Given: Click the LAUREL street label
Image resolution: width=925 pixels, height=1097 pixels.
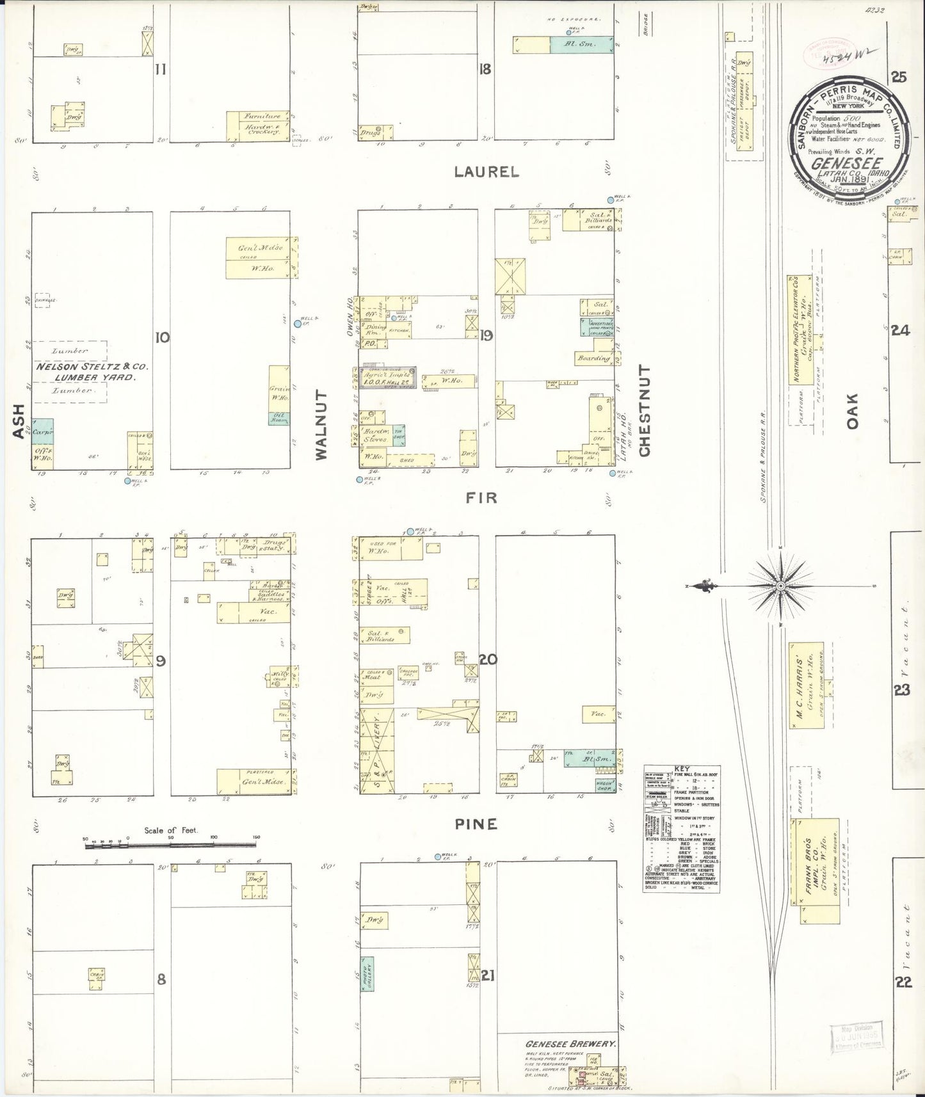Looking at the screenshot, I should pyautogui.click(x=487, y=172).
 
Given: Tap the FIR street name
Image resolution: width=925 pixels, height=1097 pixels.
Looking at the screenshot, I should pyautogui.click(x=481, y=497).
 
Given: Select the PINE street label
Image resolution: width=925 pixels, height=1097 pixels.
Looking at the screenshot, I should pyautogui.click(x=476, y=824).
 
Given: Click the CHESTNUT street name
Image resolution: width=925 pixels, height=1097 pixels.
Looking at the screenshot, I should pyautogui.click(x=644, y=411).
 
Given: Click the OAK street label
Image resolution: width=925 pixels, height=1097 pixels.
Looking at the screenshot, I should pyautogui.click(x=852, y=411).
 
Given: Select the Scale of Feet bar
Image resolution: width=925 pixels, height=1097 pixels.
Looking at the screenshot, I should pyautogui.click(x=170, y=846).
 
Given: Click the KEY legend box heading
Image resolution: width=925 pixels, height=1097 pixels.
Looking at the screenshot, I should pyautogui.click(x=680, y=771).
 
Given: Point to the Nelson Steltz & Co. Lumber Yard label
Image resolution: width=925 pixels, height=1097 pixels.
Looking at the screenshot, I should pyautogui.click(x=92, y=372).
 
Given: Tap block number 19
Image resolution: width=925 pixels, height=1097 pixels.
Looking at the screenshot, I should pyautogui.click(x=487, y=335).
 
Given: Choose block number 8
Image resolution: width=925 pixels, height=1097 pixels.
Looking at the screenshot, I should pyautogui.click(x=161, y=979).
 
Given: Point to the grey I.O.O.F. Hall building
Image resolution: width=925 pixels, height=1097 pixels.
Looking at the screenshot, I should pyautogui.click(x=387, y=378).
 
